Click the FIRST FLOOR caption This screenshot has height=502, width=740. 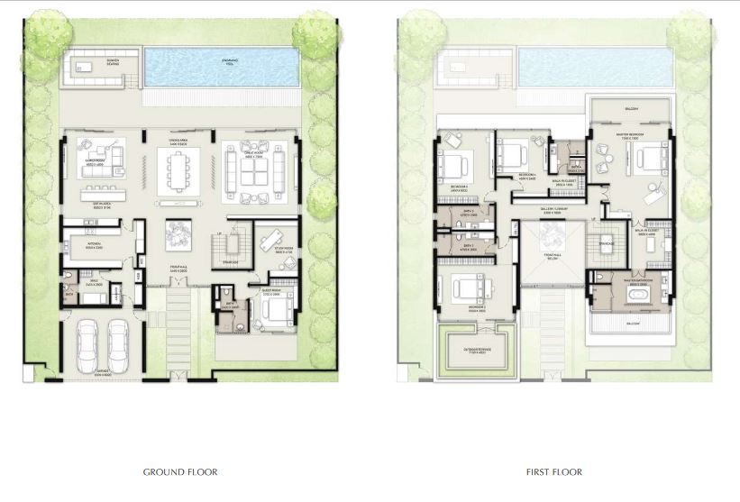click(554, 471)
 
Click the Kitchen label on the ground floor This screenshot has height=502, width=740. click(94, 243)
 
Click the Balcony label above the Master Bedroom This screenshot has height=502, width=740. click(632, 109)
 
